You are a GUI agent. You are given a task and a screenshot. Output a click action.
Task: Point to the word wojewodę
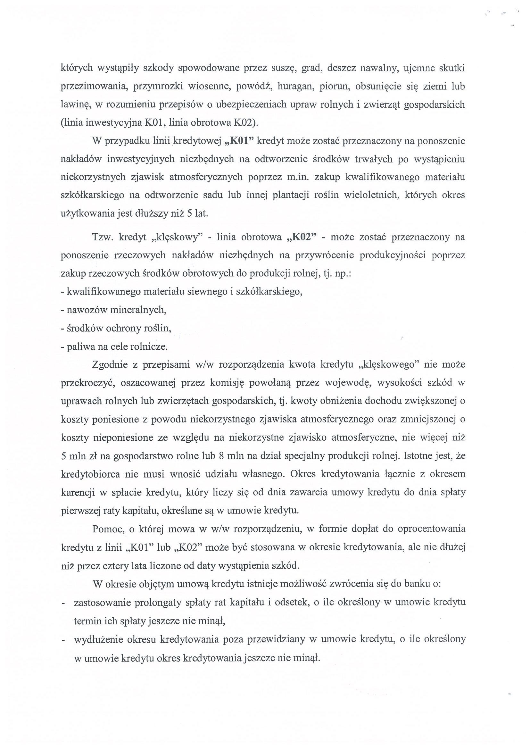point(347,383)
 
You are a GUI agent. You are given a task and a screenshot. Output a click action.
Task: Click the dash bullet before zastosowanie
point(63,602)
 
